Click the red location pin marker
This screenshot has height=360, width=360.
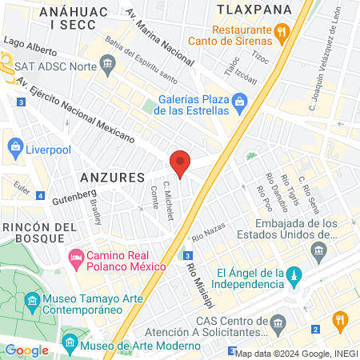point(181,163)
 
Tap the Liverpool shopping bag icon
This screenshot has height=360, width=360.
point(14,146)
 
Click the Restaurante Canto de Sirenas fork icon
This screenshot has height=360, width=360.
point(281,33)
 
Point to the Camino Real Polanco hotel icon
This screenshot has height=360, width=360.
point(75,258)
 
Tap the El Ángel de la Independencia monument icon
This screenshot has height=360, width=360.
point(294,275)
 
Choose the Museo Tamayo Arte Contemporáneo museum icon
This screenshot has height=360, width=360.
point(33,302)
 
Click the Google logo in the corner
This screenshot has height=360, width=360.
point(26,350)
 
